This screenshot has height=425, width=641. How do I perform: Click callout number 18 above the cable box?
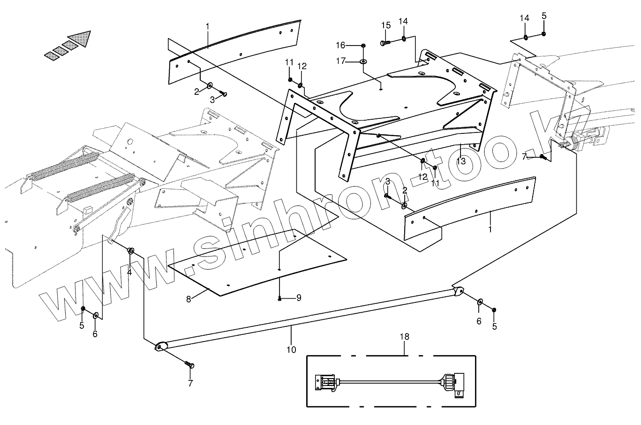click(x=404, y=337)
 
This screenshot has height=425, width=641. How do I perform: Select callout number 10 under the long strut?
click(x=291, y=349)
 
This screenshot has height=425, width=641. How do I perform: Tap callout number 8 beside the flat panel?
click(x=189, y=299)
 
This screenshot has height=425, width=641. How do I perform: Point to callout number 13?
click(x=461, y=161)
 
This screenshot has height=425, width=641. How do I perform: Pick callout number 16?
click(x=340, y=45)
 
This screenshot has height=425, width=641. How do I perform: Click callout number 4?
click(x=129, y=272)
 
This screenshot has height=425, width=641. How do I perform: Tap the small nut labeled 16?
click(x=363, y=45)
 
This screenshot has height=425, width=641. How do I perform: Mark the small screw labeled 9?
click(x=280, y=298)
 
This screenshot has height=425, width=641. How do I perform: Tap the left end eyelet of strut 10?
click(x=159, y=347)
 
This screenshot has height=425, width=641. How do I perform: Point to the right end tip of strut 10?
click(x=459, y=291)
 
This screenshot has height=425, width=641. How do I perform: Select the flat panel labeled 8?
click(x=258, y=263)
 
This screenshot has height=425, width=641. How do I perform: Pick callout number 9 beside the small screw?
click(x=299, y=298)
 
